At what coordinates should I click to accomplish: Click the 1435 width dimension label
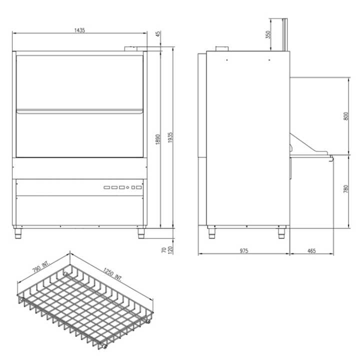coord(79,30)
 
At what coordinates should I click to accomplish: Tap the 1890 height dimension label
coord(157,139)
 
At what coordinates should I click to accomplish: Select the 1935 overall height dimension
coord(170,137)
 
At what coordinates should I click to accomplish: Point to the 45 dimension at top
coord(158,33)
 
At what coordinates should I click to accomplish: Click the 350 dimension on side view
coord(268,34)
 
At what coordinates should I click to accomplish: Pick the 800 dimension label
coord(346,116)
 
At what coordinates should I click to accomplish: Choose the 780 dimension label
coord(346,188)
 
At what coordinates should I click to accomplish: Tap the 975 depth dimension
coord(244,250)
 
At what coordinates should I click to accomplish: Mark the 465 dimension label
coord(311,250)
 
